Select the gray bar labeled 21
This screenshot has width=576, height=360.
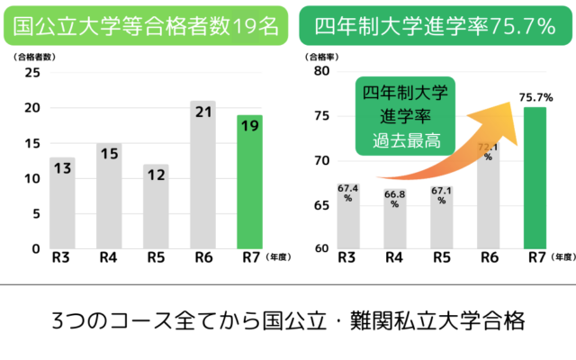[x=203, y=175]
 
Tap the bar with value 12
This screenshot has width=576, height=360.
[x=157, y=206]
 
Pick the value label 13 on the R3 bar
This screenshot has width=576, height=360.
[x=62, y=167]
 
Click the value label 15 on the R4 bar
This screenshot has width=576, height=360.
[x=109, y=153]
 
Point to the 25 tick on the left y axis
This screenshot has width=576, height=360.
[x=33, y=73]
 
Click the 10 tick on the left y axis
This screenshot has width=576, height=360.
[x=33, y=178]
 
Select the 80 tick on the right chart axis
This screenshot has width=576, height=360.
[x=320, y=73]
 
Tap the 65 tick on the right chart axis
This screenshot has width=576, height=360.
[x=320, y=204]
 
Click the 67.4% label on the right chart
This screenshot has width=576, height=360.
[x=348, y=193]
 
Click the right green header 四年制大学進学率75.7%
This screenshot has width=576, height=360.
[x=436, y=28]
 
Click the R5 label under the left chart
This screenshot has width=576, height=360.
[x=156, y=258]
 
